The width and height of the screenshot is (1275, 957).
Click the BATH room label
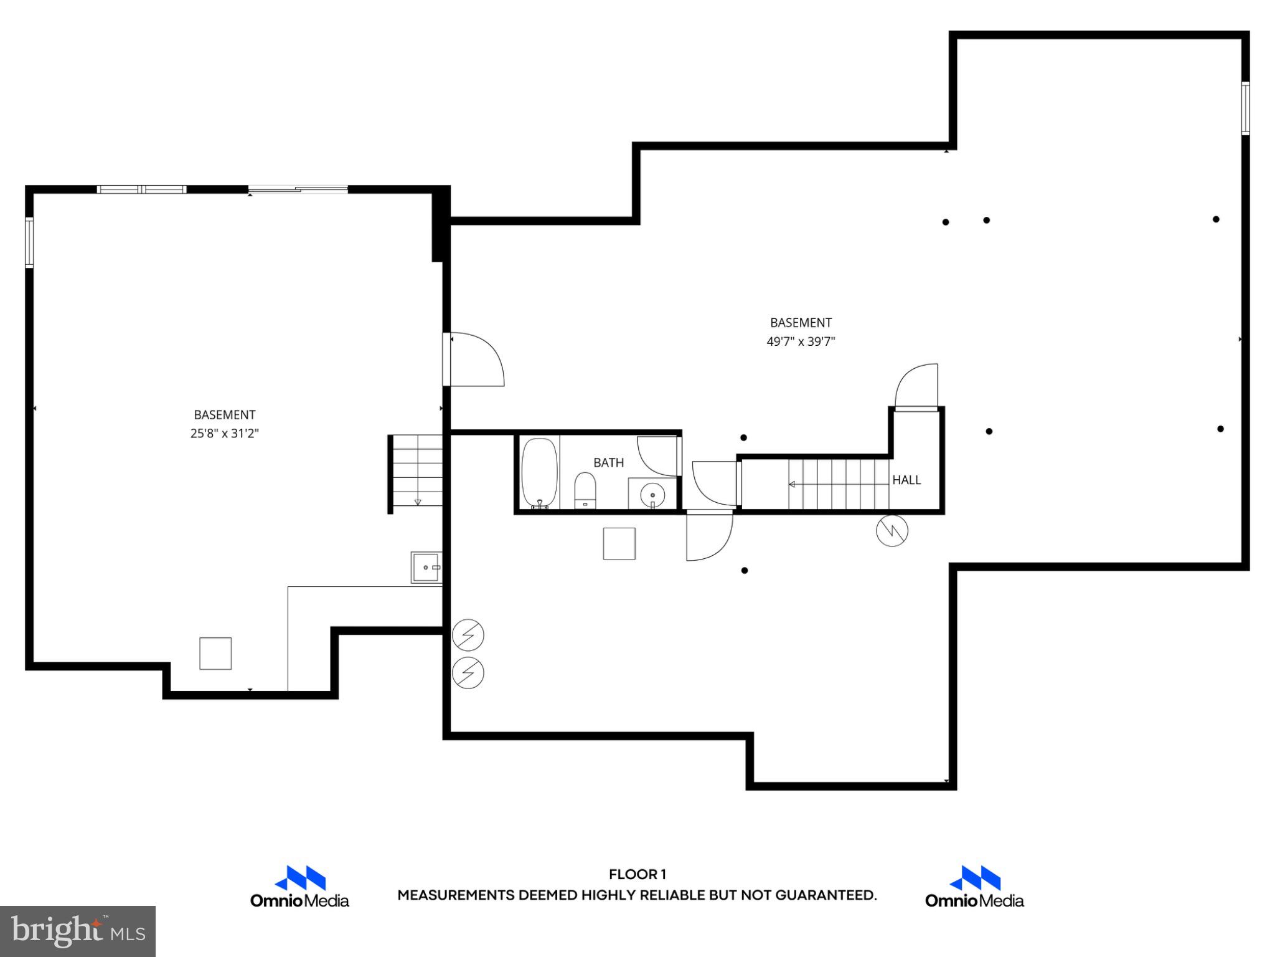(x=608, y=462)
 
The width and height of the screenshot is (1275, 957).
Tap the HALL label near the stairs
(x=906, y=480)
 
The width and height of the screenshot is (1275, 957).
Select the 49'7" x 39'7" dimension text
(x=801, y=341)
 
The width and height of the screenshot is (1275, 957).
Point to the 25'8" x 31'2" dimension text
(x=224, y=433)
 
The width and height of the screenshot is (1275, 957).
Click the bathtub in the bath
(x=539, y=474)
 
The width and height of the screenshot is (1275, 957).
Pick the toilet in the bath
(x=585, y=490)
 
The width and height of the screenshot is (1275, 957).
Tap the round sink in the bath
(x=652, y=495)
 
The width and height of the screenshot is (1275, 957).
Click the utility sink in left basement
(x=426, y=567)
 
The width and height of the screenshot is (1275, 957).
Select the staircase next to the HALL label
(x=838, y=484)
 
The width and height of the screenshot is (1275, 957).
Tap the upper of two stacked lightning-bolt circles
(x=468, y=635)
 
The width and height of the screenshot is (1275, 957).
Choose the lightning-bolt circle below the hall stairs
(x=892, y=531)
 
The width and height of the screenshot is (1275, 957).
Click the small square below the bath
(x=619, y=543)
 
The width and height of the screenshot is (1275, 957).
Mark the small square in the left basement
(x=215, y=654)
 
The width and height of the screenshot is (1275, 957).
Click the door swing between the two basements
(x=476, y=360)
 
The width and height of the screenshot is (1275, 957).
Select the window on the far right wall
(x=1245, y=108)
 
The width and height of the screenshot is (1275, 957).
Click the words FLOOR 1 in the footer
(x=637, y=874)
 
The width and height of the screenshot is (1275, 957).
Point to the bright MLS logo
(x=78, y=931)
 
